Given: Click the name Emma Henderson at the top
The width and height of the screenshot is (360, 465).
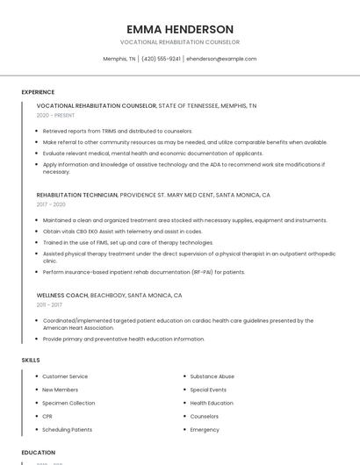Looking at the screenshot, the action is coord(180,29).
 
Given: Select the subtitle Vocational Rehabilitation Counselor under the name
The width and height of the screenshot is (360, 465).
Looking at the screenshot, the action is coord(180,42).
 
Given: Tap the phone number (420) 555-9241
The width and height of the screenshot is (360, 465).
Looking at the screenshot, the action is coord(161,59).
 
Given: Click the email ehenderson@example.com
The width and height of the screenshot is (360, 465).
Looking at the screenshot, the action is coord(221,59).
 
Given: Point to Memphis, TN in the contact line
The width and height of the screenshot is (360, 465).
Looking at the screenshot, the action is coord(119,59).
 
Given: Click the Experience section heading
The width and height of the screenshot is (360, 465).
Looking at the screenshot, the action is coord(38,92).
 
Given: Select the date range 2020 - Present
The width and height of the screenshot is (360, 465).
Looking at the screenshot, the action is coord(55,115).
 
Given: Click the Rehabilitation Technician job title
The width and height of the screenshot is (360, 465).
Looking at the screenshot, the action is coord(77,195).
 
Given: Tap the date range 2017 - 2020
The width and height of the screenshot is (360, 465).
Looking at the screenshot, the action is coord(51,204).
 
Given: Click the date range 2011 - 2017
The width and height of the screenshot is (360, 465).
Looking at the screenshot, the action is coord(49,305).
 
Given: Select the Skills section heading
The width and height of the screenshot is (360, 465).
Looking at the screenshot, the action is coord(31,360).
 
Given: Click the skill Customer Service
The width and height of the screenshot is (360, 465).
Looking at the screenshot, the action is coord(65,376).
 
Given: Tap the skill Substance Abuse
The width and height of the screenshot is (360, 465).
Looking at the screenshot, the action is coord(212,376).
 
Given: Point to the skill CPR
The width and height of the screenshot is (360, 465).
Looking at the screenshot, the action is coord(47,416).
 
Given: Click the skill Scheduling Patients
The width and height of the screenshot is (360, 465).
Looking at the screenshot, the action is coord(67,430).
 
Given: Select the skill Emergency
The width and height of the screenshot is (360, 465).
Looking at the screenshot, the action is coord(205,430).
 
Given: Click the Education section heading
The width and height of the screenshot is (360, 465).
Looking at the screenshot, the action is coord(39,453).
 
